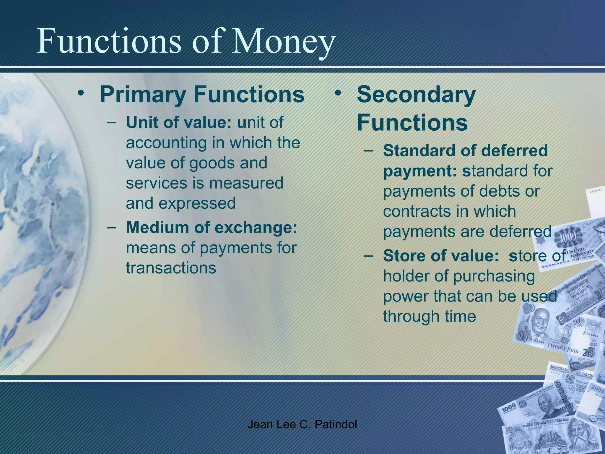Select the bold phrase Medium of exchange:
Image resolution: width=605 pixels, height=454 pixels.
(212, 227)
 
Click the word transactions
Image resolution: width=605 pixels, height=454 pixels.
(171, 268)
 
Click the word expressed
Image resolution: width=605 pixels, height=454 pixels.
(197, 203)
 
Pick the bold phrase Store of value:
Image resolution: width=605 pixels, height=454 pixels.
(440, 256)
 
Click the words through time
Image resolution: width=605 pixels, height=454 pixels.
(429, 316)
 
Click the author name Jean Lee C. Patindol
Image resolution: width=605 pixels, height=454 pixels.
(302, 424)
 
